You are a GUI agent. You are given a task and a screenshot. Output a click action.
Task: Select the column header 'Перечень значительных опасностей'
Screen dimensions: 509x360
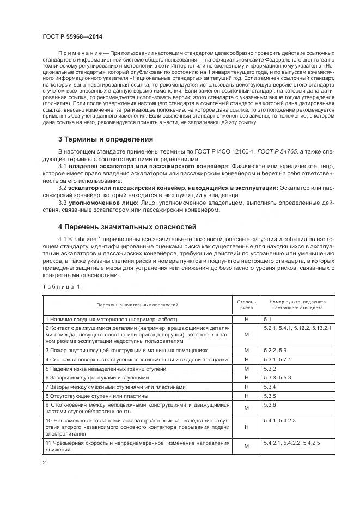(138, 304)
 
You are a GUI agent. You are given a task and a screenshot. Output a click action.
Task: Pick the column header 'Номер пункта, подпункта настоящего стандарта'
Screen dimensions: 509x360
(294, 304)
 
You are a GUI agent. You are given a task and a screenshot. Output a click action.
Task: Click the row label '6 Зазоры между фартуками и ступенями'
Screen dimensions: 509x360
(97, 377)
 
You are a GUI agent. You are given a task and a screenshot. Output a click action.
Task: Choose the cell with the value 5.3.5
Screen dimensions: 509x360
(271, 395)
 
